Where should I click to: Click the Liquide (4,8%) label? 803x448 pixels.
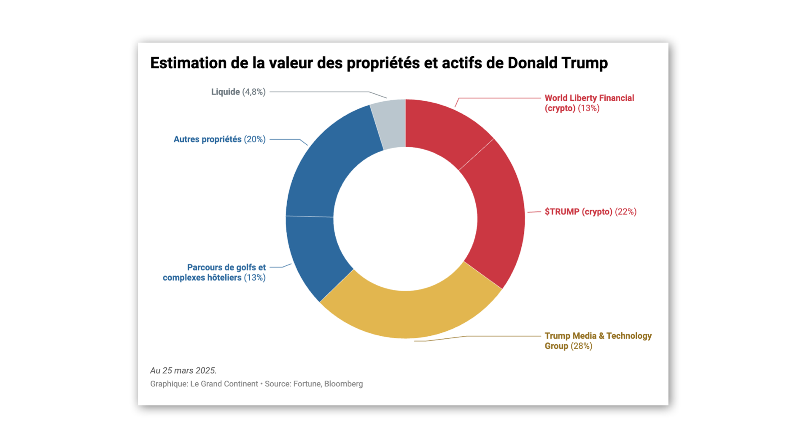238,92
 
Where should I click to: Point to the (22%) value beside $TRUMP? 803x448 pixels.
625,212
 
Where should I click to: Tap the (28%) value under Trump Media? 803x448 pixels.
581,346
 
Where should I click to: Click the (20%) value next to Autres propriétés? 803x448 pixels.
255,139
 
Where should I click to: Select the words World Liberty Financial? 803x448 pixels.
589,98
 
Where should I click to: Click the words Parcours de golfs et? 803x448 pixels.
226,267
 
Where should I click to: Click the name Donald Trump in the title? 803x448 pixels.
557,63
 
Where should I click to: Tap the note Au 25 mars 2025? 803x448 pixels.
183,370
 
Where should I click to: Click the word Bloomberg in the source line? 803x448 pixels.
343,384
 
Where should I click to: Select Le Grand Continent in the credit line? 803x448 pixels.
224,384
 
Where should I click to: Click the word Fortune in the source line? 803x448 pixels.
307,384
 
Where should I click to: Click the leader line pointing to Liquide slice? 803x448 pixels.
321,92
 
